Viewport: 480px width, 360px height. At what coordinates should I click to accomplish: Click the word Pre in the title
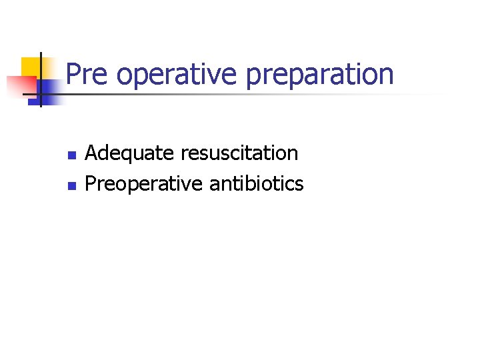point(87,74)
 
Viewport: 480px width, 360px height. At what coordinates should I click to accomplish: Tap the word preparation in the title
point(320,74)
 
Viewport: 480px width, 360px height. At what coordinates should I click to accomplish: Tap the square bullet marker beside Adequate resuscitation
point(71,155)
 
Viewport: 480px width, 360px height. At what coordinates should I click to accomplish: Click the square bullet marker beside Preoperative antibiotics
point(71,185)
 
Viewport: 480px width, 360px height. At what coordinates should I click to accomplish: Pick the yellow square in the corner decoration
point(31,66)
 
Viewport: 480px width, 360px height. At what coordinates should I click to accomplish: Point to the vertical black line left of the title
point(41,79)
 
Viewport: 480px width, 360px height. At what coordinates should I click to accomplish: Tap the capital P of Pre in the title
point(74,74)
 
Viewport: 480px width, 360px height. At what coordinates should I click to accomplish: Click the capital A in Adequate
point(92,153)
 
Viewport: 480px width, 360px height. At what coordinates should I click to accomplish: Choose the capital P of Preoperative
point(91,183)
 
